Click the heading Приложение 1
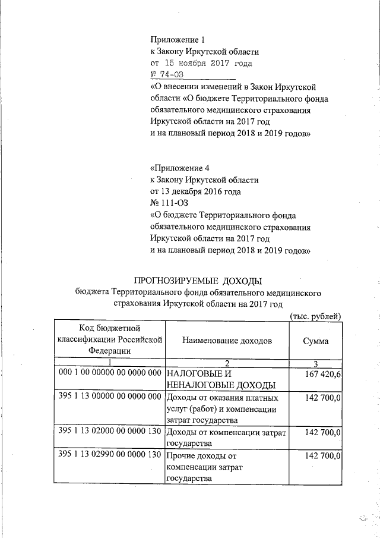(x=178, y=40)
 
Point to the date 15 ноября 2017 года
(x=201, y=62)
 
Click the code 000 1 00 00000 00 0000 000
(x=110, y=372)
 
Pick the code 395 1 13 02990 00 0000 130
(x=110, y=455)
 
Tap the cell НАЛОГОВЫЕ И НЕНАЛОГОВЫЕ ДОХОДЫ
(x=214, y=379)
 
